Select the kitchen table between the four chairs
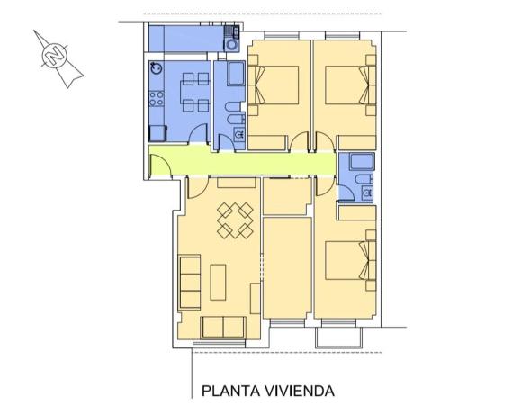(x=192, y=93)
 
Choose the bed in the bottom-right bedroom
(x=347, y=262)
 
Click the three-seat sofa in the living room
(x=189, y=281)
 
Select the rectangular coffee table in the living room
(x=219, y=282)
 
